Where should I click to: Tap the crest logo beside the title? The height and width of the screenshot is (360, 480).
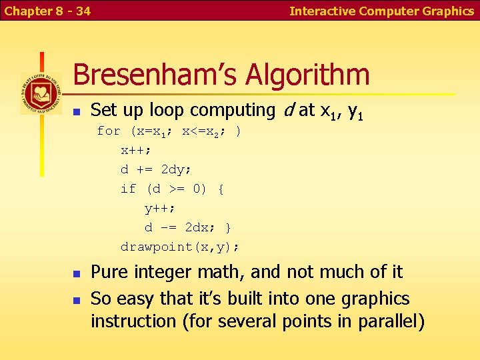[x=40, y=93]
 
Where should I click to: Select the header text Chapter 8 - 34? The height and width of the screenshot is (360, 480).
[x=47, y=11]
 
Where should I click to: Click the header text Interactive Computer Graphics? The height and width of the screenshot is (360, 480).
[x=381, y=11]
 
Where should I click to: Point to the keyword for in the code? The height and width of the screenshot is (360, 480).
[x=109, y=131]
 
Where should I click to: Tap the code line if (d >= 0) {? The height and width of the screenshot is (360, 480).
[x=172, y=189]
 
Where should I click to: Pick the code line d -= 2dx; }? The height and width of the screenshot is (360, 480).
[x=188, y=227]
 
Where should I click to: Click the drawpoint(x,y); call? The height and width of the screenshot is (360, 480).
[x=180, y=247]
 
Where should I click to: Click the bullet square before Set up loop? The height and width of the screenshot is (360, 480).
[x=76, y=111]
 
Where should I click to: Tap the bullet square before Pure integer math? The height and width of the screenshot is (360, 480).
[x=76, y=273]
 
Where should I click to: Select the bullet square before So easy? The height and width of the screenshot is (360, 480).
[x=76, y=299]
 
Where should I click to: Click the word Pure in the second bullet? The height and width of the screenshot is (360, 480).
[x=108, y=272]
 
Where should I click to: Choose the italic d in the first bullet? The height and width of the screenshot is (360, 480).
[x=287, y=109]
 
